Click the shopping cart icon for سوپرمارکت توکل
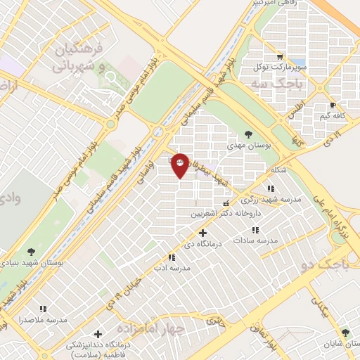click(x=280, y=56)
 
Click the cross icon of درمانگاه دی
click(x=202, y=232)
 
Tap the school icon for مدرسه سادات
click(x=255, y=229)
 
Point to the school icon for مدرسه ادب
click(x=172, y=257)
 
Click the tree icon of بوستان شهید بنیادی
click(x=31, y=251)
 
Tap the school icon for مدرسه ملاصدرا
click(x=44, y=308)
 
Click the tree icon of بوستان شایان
click(x=345, y=333)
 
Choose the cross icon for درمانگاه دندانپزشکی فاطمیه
click(x=98, y=334)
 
